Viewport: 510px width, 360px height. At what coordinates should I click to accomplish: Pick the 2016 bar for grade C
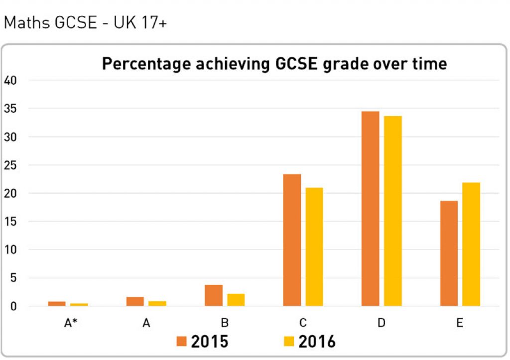(x=314, y=246)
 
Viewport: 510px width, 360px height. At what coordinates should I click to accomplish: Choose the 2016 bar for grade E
(x=471, y=244)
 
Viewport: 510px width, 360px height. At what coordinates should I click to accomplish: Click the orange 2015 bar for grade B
(x=213, y=295)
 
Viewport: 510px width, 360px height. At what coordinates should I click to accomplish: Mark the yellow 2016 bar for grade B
(x=236, y=300)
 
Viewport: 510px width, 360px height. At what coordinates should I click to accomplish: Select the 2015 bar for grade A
(x=135, y=301)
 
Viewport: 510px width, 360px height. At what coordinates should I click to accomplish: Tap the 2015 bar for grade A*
(x=57, y=303)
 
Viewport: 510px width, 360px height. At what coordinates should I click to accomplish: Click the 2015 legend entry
(x=203, y=342)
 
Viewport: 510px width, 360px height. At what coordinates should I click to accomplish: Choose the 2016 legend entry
(x=310, y=342)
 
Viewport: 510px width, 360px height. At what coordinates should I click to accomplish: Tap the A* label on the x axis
(x=68, y=323)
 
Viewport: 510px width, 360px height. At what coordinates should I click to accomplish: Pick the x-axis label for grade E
(x=460, y=323)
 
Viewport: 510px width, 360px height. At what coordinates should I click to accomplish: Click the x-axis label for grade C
(x=303, y=323)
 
